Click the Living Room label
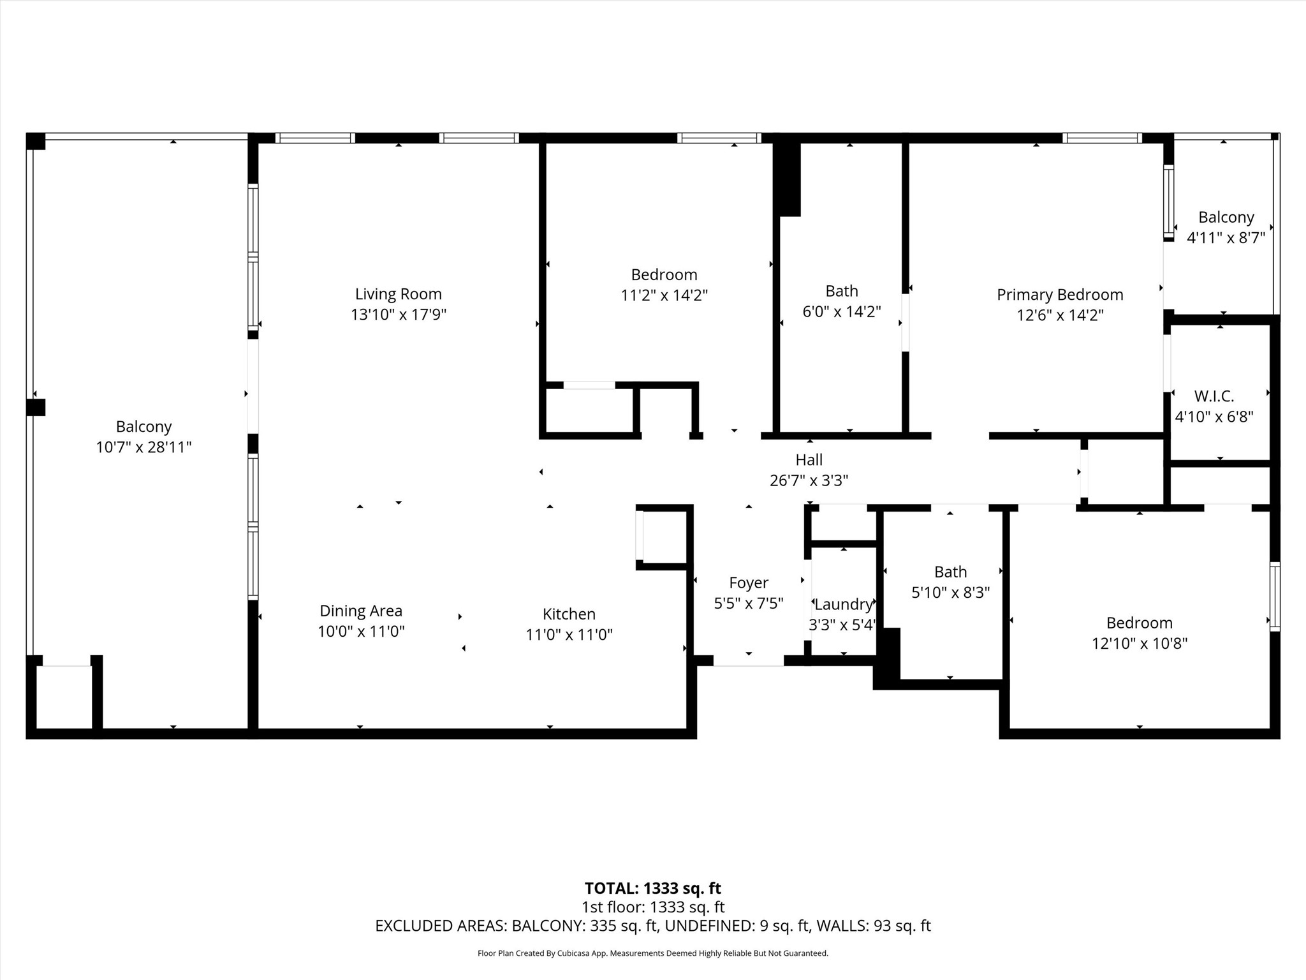(x=399, y=294)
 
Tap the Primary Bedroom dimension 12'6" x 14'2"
(x=1060, y=315)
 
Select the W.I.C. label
(x=1214, y=396)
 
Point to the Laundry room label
(x=843, y=604)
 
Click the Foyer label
(x=749, y=583)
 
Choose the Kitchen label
(x=569, y=614)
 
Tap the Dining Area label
(x=361, y=611)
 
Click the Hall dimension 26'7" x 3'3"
(x=809, y=480)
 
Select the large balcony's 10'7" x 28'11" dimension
(x=143, y=447)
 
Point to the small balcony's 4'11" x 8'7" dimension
(x=1226, y=238)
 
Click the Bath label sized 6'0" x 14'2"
(x=842, y=291)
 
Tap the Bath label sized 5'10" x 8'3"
(x=950, y=572)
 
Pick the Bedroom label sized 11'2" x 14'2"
(x=664, y=275)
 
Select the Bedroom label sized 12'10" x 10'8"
(x=1140, y=623)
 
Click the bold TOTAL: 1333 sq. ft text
(x=653, y=888)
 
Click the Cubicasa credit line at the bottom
(x=653, y=953)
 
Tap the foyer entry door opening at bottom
(x=748, y=661)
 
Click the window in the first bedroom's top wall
(x=719, y=138)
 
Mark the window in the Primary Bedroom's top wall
(x=1102, y=138)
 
